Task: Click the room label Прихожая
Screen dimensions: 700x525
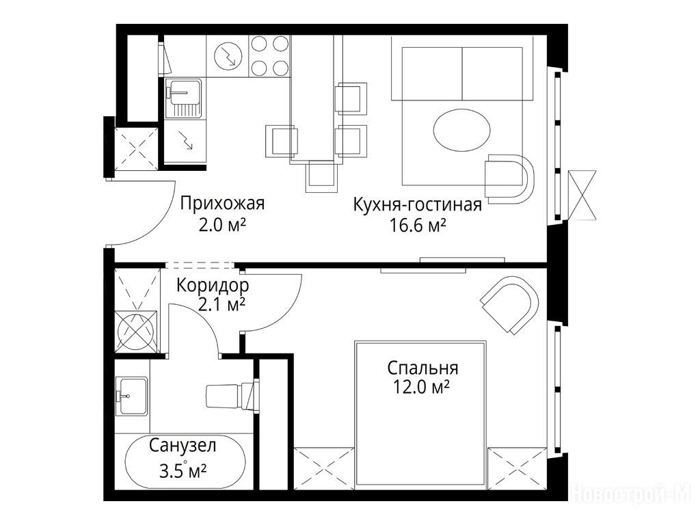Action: click(x=222, y=204)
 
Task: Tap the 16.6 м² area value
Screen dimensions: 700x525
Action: click(x=418, y=226)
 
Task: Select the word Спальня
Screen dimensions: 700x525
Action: click(x=422, y=368)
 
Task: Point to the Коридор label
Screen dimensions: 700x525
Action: click(x=213, y=285)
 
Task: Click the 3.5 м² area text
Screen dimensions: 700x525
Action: click(x=183, y=471)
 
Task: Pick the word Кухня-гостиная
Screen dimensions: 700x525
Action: click(x=418, y=205)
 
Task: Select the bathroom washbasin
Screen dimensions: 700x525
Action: click(x=132, y=396)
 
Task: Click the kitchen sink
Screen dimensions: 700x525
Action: click(x=183, y=97)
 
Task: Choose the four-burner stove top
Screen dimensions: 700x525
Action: click(x=269, y=56)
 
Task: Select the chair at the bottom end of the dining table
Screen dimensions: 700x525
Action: click(x=321, y=176)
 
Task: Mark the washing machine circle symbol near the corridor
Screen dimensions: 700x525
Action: click(x=137, y=332)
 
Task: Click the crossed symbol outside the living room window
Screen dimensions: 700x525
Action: click(x=582, y=195)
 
